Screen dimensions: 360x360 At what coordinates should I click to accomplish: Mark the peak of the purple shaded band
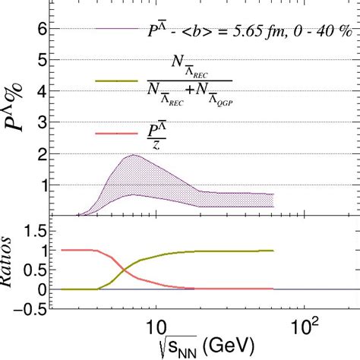click(x=134, y=155)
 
